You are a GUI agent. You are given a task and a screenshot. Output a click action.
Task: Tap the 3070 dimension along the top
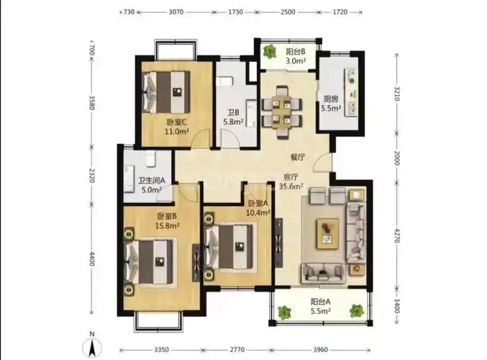176,12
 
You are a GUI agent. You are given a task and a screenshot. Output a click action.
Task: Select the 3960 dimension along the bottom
320,350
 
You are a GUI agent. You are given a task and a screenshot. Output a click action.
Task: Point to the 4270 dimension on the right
396,235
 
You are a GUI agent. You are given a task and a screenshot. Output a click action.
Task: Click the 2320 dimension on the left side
92,176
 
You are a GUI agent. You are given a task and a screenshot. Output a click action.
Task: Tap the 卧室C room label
176,122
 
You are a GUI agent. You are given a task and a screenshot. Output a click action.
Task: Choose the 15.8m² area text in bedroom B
167,225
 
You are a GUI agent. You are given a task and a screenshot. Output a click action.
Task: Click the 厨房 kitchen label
331,99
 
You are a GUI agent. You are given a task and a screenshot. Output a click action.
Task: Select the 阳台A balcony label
320,301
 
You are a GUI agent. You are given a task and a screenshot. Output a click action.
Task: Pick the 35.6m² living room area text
291,186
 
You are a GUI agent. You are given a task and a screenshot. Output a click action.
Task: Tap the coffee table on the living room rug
327,234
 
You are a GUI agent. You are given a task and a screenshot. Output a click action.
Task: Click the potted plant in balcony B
270,51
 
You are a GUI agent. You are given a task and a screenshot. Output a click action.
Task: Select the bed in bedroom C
166,92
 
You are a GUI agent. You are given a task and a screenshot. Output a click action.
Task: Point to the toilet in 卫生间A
150,158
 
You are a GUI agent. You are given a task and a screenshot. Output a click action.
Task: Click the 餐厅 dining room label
297,157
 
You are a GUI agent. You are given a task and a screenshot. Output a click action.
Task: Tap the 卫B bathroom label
233,112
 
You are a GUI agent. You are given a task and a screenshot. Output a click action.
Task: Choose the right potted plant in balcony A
357,310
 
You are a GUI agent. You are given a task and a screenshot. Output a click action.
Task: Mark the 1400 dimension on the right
396,306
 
